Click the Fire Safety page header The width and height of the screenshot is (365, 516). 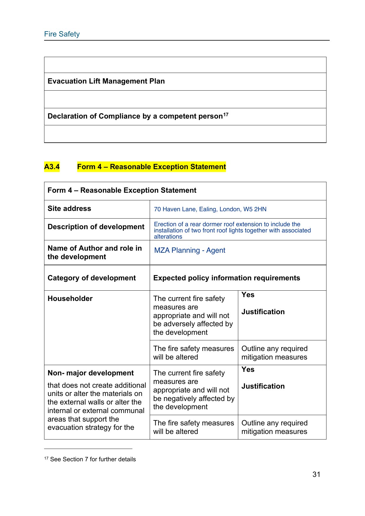pyautogui.click(x=62, y=34)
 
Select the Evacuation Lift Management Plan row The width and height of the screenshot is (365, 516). pyautogui.click(x=106, y=81)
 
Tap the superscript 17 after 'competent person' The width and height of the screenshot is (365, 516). pyautogui.click(x=226, y=114)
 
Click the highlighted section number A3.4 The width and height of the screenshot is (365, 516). pyautogui.click(x=52, y=167)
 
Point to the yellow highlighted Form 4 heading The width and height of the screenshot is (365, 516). pyautogui.click(x=151, y=167)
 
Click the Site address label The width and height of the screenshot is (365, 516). pyautogui.click(x=69, y=209)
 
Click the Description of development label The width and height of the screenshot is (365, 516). pyautogui.click(x=96, y=227)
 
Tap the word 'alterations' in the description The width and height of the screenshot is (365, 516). pyautogui.click(x=168, y=237)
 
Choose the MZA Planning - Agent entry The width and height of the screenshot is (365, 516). pyautogui.click(x=190, y=250)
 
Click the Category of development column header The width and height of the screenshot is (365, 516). pyautogui.click(x=91, y=278)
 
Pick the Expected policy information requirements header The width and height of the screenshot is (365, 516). pyautogui.click(x=226, y=278)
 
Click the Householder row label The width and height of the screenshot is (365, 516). pyautogui.click(x=70, y=299)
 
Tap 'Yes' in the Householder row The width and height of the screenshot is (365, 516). pyautogui.click(x=248, y=295)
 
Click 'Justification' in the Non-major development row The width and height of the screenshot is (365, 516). pyautogui.click(x=263, y=386)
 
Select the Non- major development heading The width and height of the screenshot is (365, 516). pyautogui.click(x=91, y=373)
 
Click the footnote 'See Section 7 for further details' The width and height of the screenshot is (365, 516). pyautogui.click(x=93, y=459)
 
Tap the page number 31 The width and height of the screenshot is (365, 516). pyautogui.click(x=316, y=474)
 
